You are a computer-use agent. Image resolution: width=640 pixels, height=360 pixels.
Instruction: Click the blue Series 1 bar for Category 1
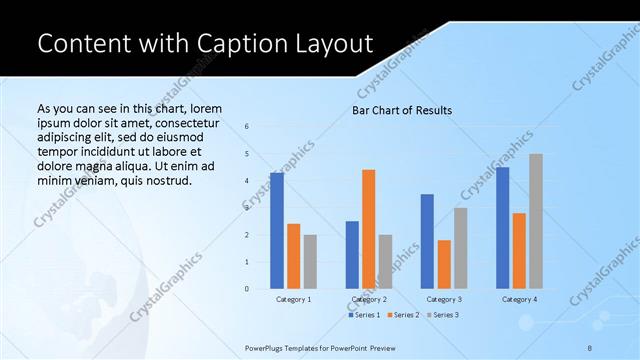(x=277, y=231)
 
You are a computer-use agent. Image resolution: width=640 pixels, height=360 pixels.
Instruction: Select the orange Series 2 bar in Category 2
(x=369, y=229)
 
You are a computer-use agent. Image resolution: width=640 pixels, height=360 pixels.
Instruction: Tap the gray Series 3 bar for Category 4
(x=536, y=221)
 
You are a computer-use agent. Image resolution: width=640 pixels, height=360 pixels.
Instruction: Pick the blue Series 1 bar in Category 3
(x=427, y=241)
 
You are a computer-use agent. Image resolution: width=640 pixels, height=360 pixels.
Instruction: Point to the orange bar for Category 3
(x=444, y=264)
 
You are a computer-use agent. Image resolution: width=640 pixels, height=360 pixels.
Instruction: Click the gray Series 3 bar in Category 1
(x=310, y=262)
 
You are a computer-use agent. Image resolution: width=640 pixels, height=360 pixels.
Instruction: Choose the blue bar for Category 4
(x=502, y=228)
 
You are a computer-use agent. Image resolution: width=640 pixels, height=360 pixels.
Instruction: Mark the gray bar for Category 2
(x=385, y=262)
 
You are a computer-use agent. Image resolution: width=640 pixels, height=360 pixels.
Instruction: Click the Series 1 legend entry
(x=365, y=315)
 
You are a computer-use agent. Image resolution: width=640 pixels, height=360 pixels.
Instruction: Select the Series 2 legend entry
(x=402, y=315)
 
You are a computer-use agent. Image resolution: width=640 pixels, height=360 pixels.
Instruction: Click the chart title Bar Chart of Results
(x=402, y=110)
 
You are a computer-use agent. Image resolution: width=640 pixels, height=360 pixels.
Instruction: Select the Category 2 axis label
(x=369, y=299)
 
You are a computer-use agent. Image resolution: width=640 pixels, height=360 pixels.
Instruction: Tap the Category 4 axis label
(x=519, y=299)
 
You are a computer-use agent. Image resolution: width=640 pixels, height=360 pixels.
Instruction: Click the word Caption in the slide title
(x=226, y=44)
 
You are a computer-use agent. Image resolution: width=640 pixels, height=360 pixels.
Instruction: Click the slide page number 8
(x=590, y=346)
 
